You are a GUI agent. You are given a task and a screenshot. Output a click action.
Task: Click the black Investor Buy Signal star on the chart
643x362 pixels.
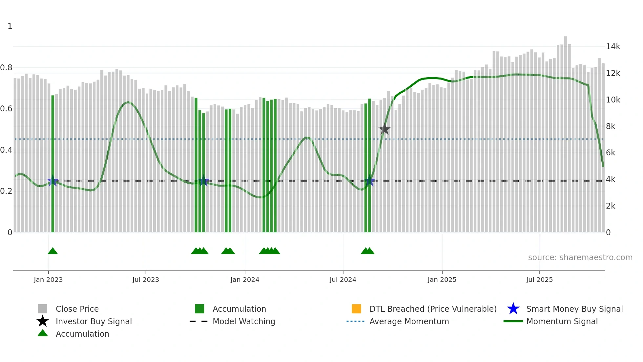point(384,129)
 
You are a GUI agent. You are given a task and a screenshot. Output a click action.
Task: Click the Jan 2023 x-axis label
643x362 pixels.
point(48,280)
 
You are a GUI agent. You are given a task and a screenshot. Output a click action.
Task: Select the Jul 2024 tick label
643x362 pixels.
point(343,280)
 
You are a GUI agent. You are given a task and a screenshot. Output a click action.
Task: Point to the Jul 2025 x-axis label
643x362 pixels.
point(539,280)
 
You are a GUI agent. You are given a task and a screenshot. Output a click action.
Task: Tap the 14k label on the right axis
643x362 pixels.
point(613,47)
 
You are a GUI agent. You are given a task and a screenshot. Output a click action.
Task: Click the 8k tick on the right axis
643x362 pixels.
point(611,126)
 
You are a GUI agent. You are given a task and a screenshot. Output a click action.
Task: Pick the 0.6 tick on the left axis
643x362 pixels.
point(6,109)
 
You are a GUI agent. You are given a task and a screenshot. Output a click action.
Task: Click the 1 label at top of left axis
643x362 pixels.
point(10,26)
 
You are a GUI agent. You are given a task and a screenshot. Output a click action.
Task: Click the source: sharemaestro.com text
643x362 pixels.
point(580,258)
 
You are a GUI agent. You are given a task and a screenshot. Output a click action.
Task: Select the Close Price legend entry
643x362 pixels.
point(77,309)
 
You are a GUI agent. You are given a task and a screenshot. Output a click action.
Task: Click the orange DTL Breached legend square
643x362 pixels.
point(356,309)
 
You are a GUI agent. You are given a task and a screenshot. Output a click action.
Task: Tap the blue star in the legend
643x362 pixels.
point(513,309)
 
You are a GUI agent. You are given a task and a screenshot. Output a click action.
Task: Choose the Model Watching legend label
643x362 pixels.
point(244,321)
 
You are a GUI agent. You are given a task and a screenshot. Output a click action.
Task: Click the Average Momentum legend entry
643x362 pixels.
point(409,321)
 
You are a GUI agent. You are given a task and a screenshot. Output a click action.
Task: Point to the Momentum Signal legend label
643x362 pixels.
point(562,321)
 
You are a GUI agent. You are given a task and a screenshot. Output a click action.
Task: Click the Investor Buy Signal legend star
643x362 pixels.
point(43,321)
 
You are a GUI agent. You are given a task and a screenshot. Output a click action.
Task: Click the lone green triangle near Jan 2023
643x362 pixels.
point(52,251)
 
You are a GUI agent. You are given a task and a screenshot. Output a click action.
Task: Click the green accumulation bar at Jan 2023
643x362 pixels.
point(53,164)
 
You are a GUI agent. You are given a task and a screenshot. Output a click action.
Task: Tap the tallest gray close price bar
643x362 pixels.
point(566,131)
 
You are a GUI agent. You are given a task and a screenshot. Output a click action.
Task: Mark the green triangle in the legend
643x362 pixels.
point(43,333)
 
